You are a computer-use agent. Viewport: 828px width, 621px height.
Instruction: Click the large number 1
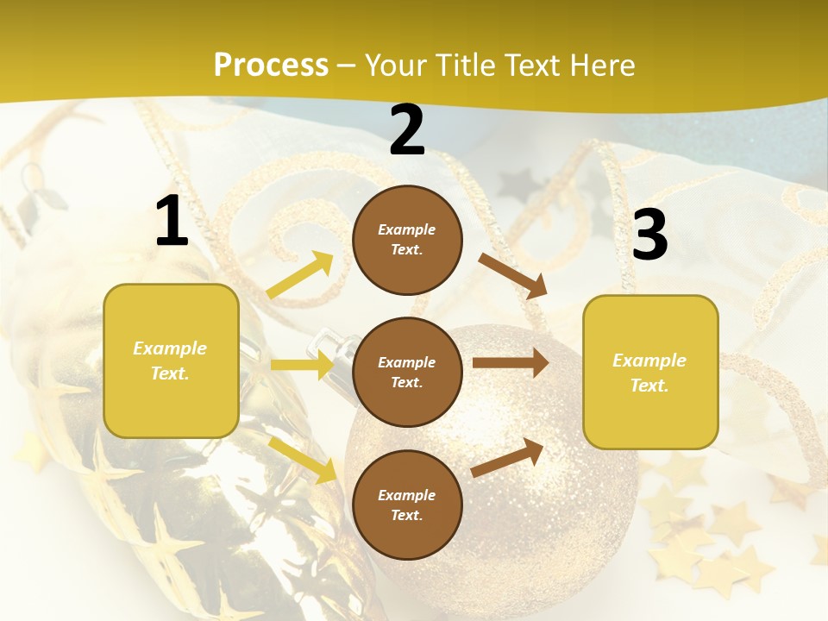click(x=172, y=221)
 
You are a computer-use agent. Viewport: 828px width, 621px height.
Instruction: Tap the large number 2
click(x=407, y=130)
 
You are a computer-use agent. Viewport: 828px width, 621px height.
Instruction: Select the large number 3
click(x=649, y=235)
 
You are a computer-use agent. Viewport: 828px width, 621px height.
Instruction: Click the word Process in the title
click(x=271, y=65)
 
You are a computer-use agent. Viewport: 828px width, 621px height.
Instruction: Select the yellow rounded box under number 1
click(x=171, y=361)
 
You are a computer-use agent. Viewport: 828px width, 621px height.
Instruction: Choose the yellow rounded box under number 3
click(x=650, y=372)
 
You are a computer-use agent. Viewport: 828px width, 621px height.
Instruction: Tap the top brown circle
click(x=407, y=239)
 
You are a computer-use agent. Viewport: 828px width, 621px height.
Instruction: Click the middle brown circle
click(x=407, y=372)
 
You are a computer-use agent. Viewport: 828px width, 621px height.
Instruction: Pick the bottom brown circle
click(x=407, y=505)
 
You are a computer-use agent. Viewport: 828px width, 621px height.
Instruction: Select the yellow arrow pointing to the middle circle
click(x=302, y=365)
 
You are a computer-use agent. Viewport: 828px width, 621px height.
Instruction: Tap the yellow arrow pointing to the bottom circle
click(x=303, y=459)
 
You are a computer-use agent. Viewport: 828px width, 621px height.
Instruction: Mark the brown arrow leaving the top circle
click(x=513, y=275)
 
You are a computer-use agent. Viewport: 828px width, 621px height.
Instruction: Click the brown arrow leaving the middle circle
click(x=511, y=362)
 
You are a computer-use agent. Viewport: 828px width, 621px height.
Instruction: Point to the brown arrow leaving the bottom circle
click(x=508, y=457)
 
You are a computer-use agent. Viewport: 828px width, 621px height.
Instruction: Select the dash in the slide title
click(x=347, y=66)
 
